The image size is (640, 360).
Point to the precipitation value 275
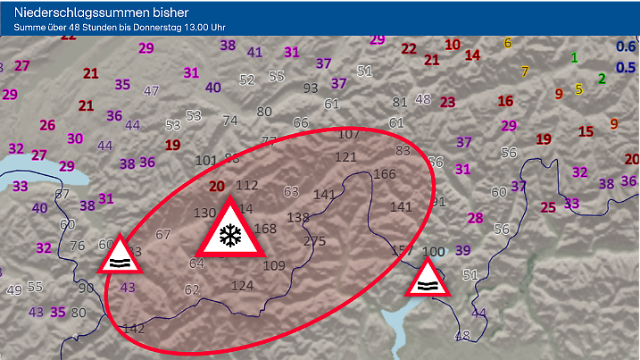coord(315,241)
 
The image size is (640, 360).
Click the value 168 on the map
coord(265,228)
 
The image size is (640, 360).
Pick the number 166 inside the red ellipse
coord(385,173)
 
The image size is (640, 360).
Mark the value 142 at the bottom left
coord(134,328)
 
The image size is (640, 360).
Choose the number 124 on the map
coord(242,286)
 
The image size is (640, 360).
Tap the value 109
coord(274,265)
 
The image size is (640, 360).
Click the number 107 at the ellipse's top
coord(348,134)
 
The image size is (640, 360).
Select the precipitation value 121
coord(345,157)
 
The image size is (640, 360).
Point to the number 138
coord(298,217)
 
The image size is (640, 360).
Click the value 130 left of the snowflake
coord(204,213)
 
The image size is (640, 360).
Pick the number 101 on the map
coord(205,161)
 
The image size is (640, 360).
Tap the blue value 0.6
coord(627,46)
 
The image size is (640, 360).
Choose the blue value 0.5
coord(627,67)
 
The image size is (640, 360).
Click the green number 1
coord(574,57)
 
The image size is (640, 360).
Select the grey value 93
coord(311,88)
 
